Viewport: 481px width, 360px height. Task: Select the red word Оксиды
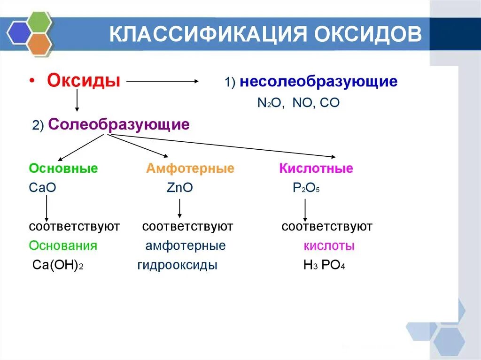pos(83,80)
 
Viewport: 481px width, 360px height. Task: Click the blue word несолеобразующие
pos(318,82)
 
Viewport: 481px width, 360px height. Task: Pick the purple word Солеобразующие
pos(119,124)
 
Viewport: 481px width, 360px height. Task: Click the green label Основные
pos(63,169)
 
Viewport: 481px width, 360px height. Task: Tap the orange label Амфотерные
pos(190,169)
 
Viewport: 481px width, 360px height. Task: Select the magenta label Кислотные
pos(316,169)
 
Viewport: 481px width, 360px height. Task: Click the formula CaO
pos(42,188)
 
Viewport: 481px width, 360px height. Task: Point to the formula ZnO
pos(179,188)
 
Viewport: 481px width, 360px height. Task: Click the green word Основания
pos(63,245)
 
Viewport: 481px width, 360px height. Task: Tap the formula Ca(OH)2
pos(58,265)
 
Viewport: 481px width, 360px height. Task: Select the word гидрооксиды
pos(177,265)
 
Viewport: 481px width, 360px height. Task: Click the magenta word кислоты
pos(329,246)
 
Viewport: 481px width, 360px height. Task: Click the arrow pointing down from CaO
pos(47,208)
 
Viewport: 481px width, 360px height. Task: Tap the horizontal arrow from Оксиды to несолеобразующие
pos(163,81)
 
